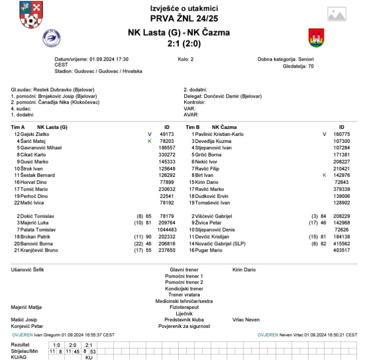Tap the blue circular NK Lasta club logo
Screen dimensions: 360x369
tap(51, 38)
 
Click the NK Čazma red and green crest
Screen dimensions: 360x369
tap(316, 38)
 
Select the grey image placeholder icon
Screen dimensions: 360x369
tap(341, 15)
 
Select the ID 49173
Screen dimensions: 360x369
tap(167, 134)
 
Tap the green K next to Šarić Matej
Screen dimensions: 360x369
tap(149, 141)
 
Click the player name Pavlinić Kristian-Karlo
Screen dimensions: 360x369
tap(219, 134)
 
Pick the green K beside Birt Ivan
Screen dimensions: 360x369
tap(324, 175)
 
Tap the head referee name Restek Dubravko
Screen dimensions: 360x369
tap(53, 90)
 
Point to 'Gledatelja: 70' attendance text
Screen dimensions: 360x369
tap(298, 66)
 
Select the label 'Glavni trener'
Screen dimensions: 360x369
tap(184, 270)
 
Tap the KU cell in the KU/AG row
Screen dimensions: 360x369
tap(89, 357)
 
